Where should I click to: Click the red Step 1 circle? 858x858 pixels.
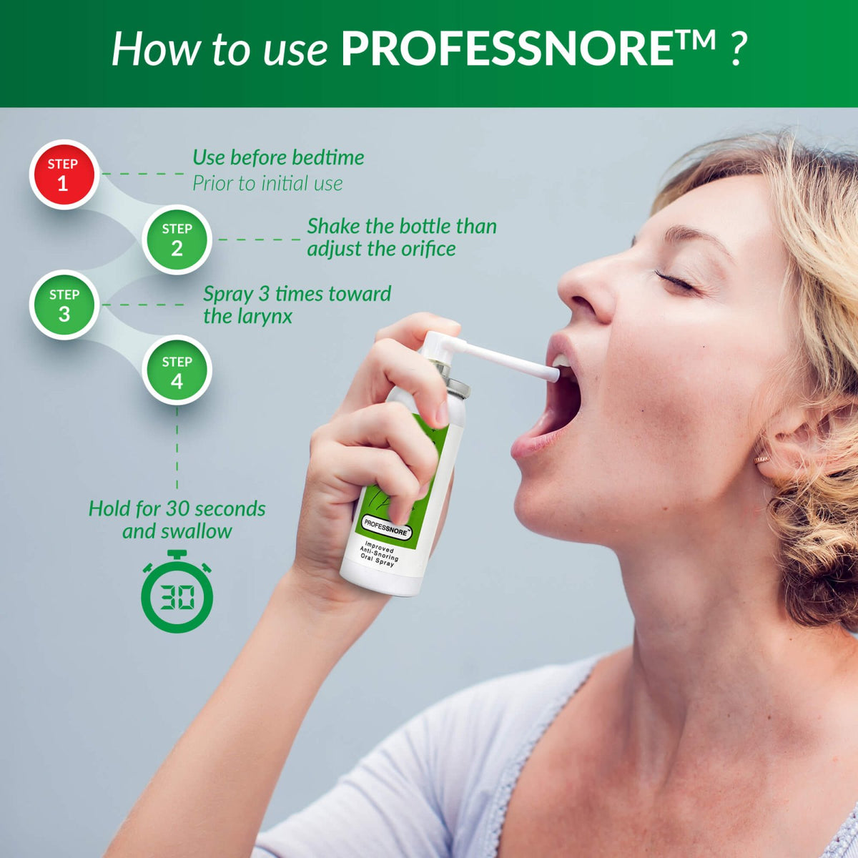point(64,174)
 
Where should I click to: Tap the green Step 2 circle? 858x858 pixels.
point(177,240)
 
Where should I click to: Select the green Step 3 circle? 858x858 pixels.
point(64,305)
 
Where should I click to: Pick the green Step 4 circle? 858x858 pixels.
point(177,370)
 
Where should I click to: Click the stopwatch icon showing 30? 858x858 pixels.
point(177,593)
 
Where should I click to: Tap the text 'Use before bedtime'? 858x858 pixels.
point(278,157)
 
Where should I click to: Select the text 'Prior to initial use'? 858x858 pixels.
point(267,184)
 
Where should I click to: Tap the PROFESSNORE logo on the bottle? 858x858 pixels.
point(386,526)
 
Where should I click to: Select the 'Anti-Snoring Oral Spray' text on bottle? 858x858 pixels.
point(379,555)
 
